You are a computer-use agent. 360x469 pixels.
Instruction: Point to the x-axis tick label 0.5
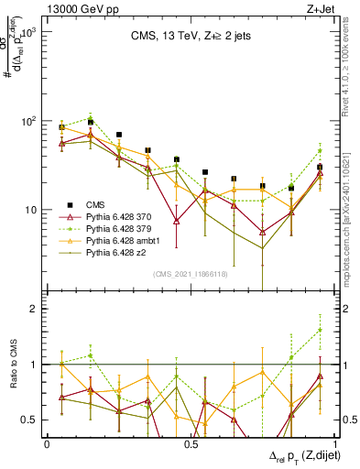191,444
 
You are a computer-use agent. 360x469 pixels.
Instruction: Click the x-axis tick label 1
335,444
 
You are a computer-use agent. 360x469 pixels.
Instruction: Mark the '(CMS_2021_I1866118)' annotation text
190,274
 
